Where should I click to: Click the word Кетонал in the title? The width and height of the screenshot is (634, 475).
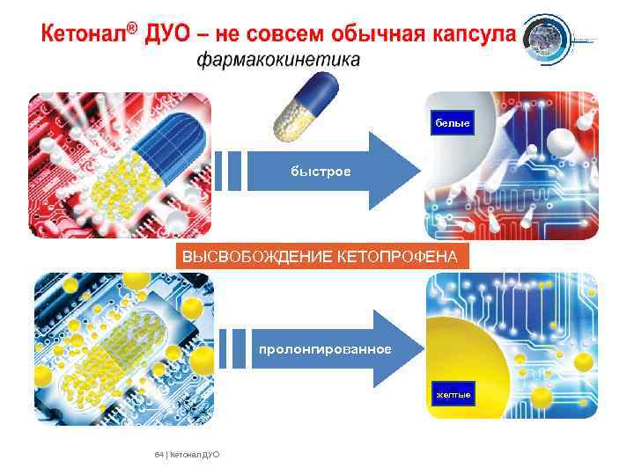83,35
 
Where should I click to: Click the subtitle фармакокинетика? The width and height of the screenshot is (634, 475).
277,61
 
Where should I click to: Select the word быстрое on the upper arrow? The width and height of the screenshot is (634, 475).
321,171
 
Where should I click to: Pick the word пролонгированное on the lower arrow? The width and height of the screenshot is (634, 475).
325,349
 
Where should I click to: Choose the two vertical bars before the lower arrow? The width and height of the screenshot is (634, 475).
231,349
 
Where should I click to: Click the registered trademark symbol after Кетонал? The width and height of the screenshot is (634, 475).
131,29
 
